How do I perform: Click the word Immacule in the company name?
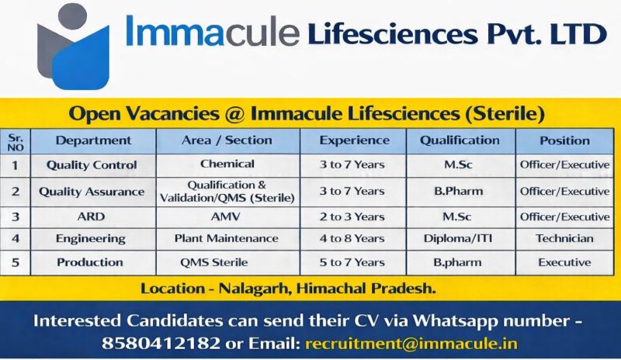pyautogui.click(x=212, y=33)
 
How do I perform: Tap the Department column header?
pyautogui.click(x=93, y=140)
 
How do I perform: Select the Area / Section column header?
pyautogui.click(x=227, y=140)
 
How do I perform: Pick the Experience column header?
pyautogui.click(x=354, y=140)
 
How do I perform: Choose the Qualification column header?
pyautogui.click(x=460, y=140)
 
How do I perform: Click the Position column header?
pyautogui.click(x=564, y=140)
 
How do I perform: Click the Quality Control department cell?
pyautogui.click(x=92, y=164)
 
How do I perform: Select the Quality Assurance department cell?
pyautogui.click(x=92, y=191)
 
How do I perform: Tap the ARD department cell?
pyautogui.click(x=91, y=216)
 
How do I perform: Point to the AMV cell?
pyautogui.click(x=227, y=216)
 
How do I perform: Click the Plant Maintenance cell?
pyautogui.click(x=227, y=238)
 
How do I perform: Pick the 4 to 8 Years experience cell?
pyautogui.click(x=354, y=238)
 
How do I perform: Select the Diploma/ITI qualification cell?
pyautogui.click(x=460, y=238)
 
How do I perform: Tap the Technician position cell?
pyautogui.click(x=564, y=238)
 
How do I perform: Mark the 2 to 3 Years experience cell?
pyautogui.click(x=354, y=216)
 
